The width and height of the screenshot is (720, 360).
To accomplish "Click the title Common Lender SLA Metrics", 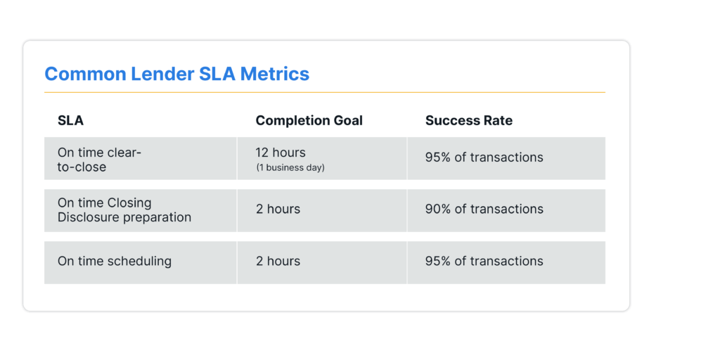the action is click(x=176, y=74).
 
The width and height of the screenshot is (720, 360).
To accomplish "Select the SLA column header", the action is click(x=70, y=120).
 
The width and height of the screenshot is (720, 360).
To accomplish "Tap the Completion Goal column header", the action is click(x=309, y=120).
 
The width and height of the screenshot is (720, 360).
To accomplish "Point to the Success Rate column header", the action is click(x=469, y=120).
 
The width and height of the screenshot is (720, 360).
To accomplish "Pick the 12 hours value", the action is click(x=281, y=152).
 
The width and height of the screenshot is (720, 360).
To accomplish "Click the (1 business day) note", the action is click(x=290, y=167).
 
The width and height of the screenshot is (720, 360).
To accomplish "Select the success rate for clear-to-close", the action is click(x=484, y=157).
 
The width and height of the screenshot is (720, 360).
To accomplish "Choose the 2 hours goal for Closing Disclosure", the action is click(x=278, y=210).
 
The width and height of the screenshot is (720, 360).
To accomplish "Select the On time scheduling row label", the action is click(x=115, y=262).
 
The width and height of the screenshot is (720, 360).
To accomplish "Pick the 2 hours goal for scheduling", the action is click(x=278, y=262).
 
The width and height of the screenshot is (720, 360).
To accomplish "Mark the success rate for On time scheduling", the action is click(x=484, y=262).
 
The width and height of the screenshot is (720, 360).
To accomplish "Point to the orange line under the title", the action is click(x=325, y=92).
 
